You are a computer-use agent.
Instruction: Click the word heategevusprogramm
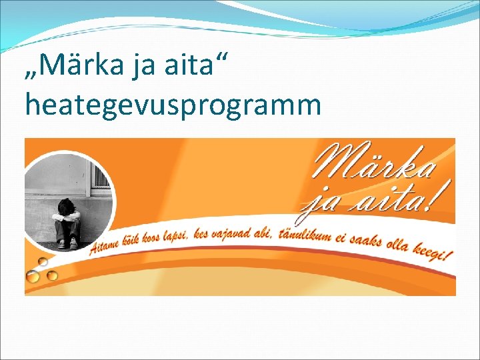(x=173, y=105)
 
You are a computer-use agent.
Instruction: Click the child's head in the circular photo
(x=67, y=207)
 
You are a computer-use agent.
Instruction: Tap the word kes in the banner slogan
(x=202, y=235)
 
